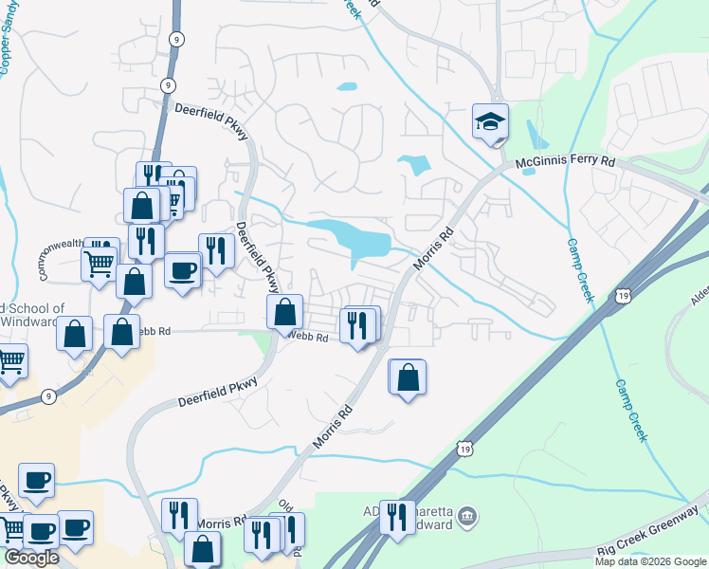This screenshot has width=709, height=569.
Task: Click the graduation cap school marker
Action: coord(491,122)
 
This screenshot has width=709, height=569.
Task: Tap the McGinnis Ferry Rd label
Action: coord(565,163)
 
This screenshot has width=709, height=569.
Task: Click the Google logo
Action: coord(31,558)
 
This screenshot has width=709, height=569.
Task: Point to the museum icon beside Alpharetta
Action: coord(466,517)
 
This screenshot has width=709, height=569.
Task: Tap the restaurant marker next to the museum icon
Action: coord(397,518)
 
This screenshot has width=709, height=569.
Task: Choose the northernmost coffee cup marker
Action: coord(182,269)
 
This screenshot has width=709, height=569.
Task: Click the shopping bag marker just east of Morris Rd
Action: coord(408,377)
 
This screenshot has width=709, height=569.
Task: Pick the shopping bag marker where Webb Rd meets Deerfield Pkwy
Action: coord(284,312)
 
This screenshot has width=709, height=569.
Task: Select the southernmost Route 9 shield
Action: coord(48,396)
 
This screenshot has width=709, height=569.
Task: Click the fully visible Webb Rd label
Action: coord(308,337)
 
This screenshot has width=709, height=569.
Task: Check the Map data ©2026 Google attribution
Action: coord(650,561)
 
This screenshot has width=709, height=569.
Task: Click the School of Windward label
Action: coord(32,316)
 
